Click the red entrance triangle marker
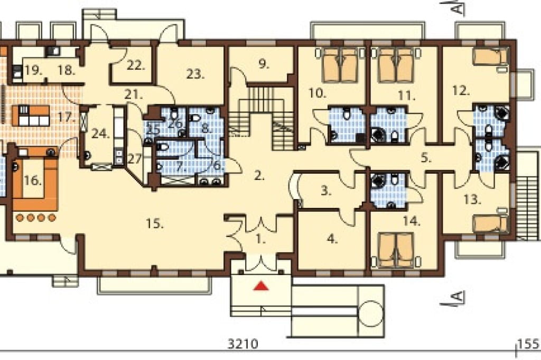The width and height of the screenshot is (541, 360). click(x=261, y=286)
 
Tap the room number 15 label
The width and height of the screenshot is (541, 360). click(x=155, y=224)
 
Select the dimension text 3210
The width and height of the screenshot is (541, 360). click(x=243, y=344)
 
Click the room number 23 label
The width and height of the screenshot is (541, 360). click(x=195, y=74)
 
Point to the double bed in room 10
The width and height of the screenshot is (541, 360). click(x=340, y=65)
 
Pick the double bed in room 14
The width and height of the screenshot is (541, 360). click(x=396, y=250)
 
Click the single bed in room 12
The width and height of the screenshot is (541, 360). click(x=490, y=56)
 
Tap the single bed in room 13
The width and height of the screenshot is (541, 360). click(x=490, y=223)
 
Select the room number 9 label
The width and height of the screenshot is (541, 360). click(x=264, y=64)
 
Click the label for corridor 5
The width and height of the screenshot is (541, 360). click(x=426, y=158)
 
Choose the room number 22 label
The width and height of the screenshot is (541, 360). click(x=135, y=65)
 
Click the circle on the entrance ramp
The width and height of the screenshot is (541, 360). click(x=371, y=313)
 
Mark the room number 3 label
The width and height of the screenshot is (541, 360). click(x=326, y=191)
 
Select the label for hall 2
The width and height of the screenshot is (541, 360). click(x=259, y=176)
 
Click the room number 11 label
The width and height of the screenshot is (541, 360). click(x=406, y=96)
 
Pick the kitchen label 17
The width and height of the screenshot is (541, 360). click(x=66, y=117)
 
